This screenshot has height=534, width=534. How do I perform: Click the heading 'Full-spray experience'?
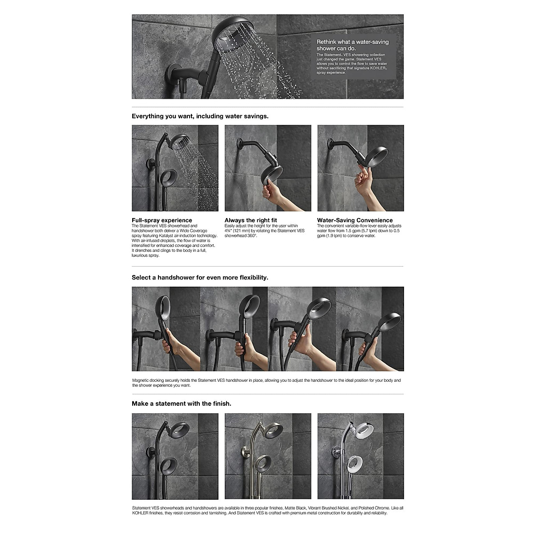(162, 220)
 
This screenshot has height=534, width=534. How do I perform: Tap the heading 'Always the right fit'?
(251, 220)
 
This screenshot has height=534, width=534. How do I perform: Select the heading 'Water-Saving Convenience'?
(355, 220)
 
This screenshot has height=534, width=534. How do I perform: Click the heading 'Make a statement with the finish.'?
(181, 404)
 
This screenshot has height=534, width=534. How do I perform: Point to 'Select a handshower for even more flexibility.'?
(200, 277)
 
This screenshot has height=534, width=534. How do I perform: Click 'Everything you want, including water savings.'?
(200, 116)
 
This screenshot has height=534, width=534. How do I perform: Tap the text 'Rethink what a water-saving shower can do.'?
(352, 45)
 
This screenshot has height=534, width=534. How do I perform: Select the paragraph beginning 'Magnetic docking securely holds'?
(266, 383)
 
